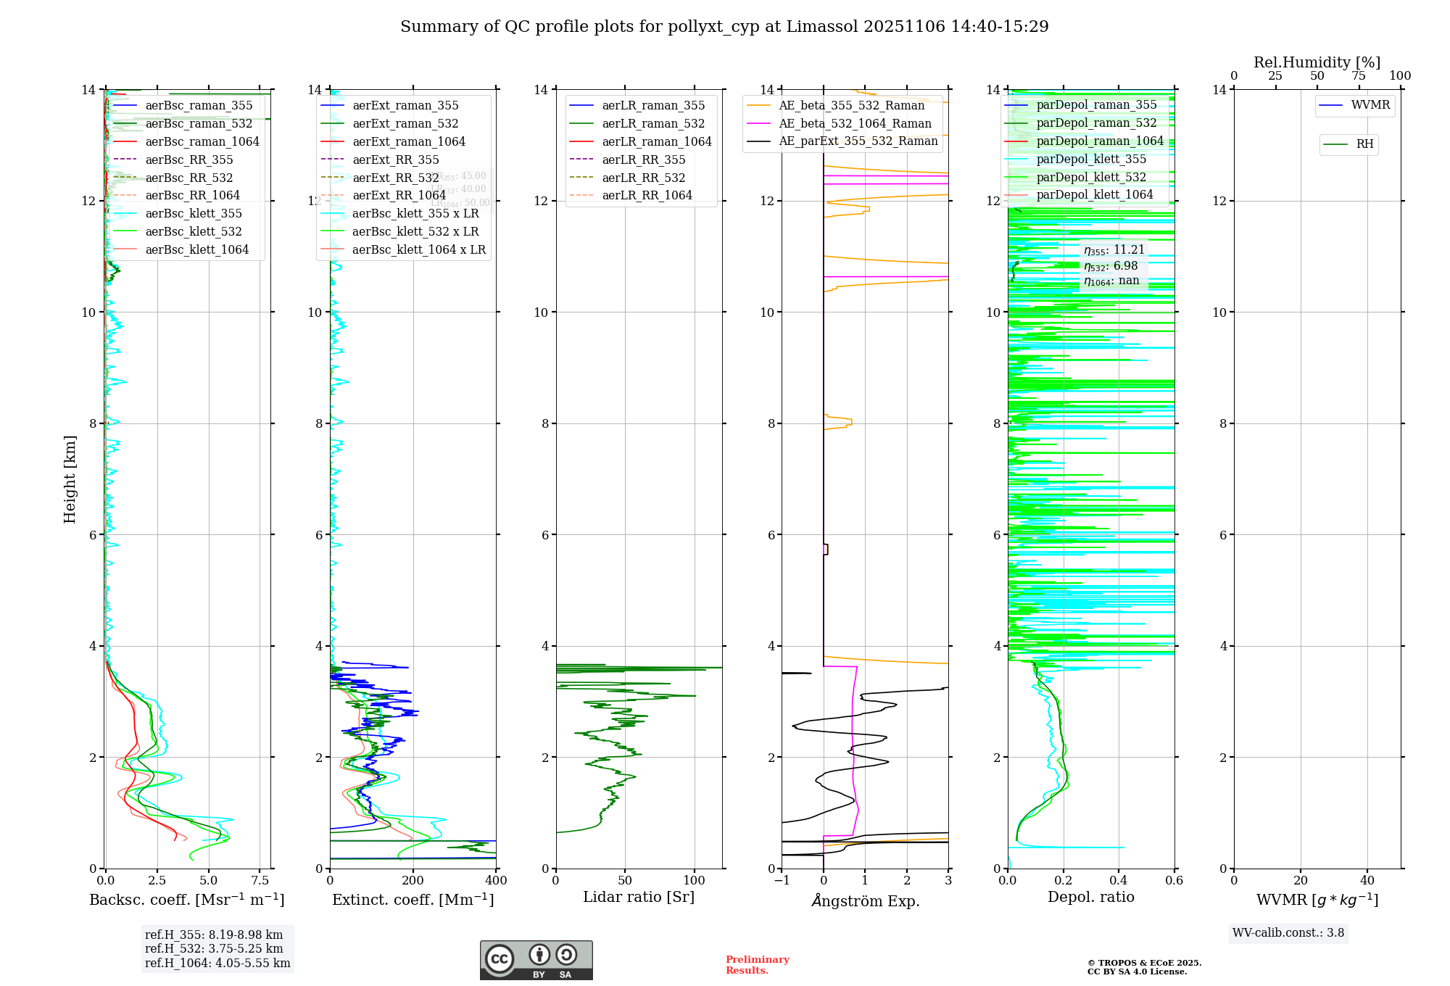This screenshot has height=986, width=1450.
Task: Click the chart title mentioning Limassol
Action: [x=724, y=27]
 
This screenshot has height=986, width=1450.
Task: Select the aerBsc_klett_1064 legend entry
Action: [x=196, y=249]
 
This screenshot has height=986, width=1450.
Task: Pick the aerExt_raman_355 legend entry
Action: [x=405, y=106]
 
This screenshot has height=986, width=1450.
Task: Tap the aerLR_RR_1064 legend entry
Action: [x=647, y=196]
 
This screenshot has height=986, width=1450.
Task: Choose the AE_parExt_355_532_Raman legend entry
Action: [x=858, y=141]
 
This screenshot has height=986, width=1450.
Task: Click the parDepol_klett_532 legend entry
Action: [x=1091, y=178]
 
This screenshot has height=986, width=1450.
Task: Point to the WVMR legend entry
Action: [x=1370, y=105]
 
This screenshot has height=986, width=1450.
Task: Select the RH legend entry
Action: [x=1364, y=144]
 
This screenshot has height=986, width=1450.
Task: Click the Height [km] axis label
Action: [x=70, y=479]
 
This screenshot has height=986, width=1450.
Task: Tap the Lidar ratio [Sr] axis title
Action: [x=639, y=897]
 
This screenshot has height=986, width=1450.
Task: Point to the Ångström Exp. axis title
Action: [x=865, y=900]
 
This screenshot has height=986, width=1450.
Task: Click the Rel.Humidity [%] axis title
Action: [x=1317, y=62]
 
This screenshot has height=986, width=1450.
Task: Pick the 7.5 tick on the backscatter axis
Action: [x=260, y=881]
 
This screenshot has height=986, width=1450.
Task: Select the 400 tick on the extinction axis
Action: [x=496, y=881]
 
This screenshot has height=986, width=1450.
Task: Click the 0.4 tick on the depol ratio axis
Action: [x=1119, y=881]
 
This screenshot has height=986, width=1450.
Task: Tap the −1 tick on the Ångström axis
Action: [x=782, y=881]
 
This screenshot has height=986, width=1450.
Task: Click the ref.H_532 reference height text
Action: [x=214, y=949]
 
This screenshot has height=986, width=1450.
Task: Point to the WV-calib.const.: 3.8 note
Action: [x=1288, y=933]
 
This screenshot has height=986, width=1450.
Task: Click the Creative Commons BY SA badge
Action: [x=536, y=960]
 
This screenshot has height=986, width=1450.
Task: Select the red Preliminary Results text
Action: [x=757, y=965]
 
